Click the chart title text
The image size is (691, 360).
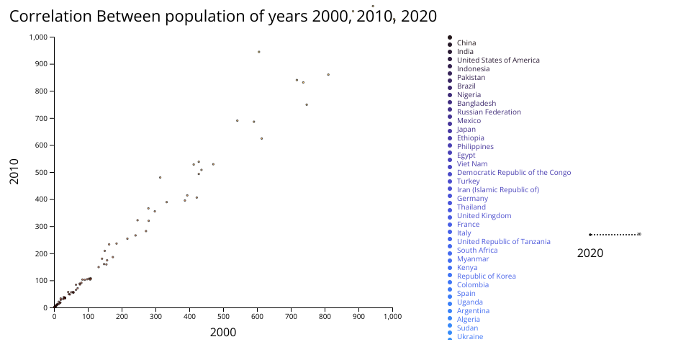223,17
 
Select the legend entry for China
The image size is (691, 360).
466,43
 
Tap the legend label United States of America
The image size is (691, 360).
498,60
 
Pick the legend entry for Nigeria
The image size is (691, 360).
469,95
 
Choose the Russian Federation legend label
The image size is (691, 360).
489,112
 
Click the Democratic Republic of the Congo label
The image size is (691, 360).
514,173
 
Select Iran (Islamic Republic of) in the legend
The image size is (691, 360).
498,190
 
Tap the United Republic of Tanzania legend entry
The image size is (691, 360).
504,242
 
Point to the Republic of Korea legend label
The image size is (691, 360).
486,276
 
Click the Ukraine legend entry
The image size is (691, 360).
470,337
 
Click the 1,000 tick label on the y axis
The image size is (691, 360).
37,37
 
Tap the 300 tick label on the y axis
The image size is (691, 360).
41,226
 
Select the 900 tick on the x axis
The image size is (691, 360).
358,315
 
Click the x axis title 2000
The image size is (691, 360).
223,332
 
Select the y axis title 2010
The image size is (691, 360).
14,172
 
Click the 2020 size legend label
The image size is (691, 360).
590,253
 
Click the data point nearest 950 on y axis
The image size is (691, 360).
258,52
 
